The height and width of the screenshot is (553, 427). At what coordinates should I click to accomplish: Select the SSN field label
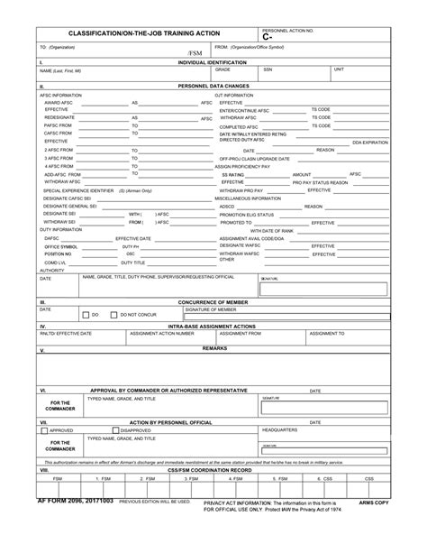point(268,69)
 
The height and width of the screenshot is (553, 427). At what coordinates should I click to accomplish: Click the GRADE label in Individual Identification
point(223,69)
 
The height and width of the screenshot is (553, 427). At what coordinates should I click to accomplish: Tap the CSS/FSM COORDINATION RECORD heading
point(214,470)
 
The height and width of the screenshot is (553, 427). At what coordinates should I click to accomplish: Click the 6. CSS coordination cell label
point(327,478)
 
